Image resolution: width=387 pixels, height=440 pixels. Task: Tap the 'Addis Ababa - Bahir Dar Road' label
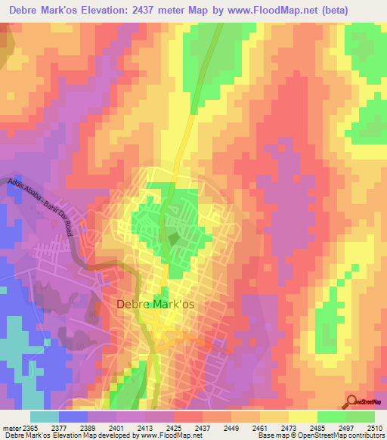(42, 209)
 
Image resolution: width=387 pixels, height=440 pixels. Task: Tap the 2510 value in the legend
(376, 426)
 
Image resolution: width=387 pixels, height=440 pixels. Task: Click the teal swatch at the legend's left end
(44, 416)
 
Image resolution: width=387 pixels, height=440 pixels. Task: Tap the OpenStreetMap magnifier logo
(352, 401)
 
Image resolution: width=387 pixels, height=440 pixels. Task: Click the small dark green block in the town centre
(175, 240)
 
